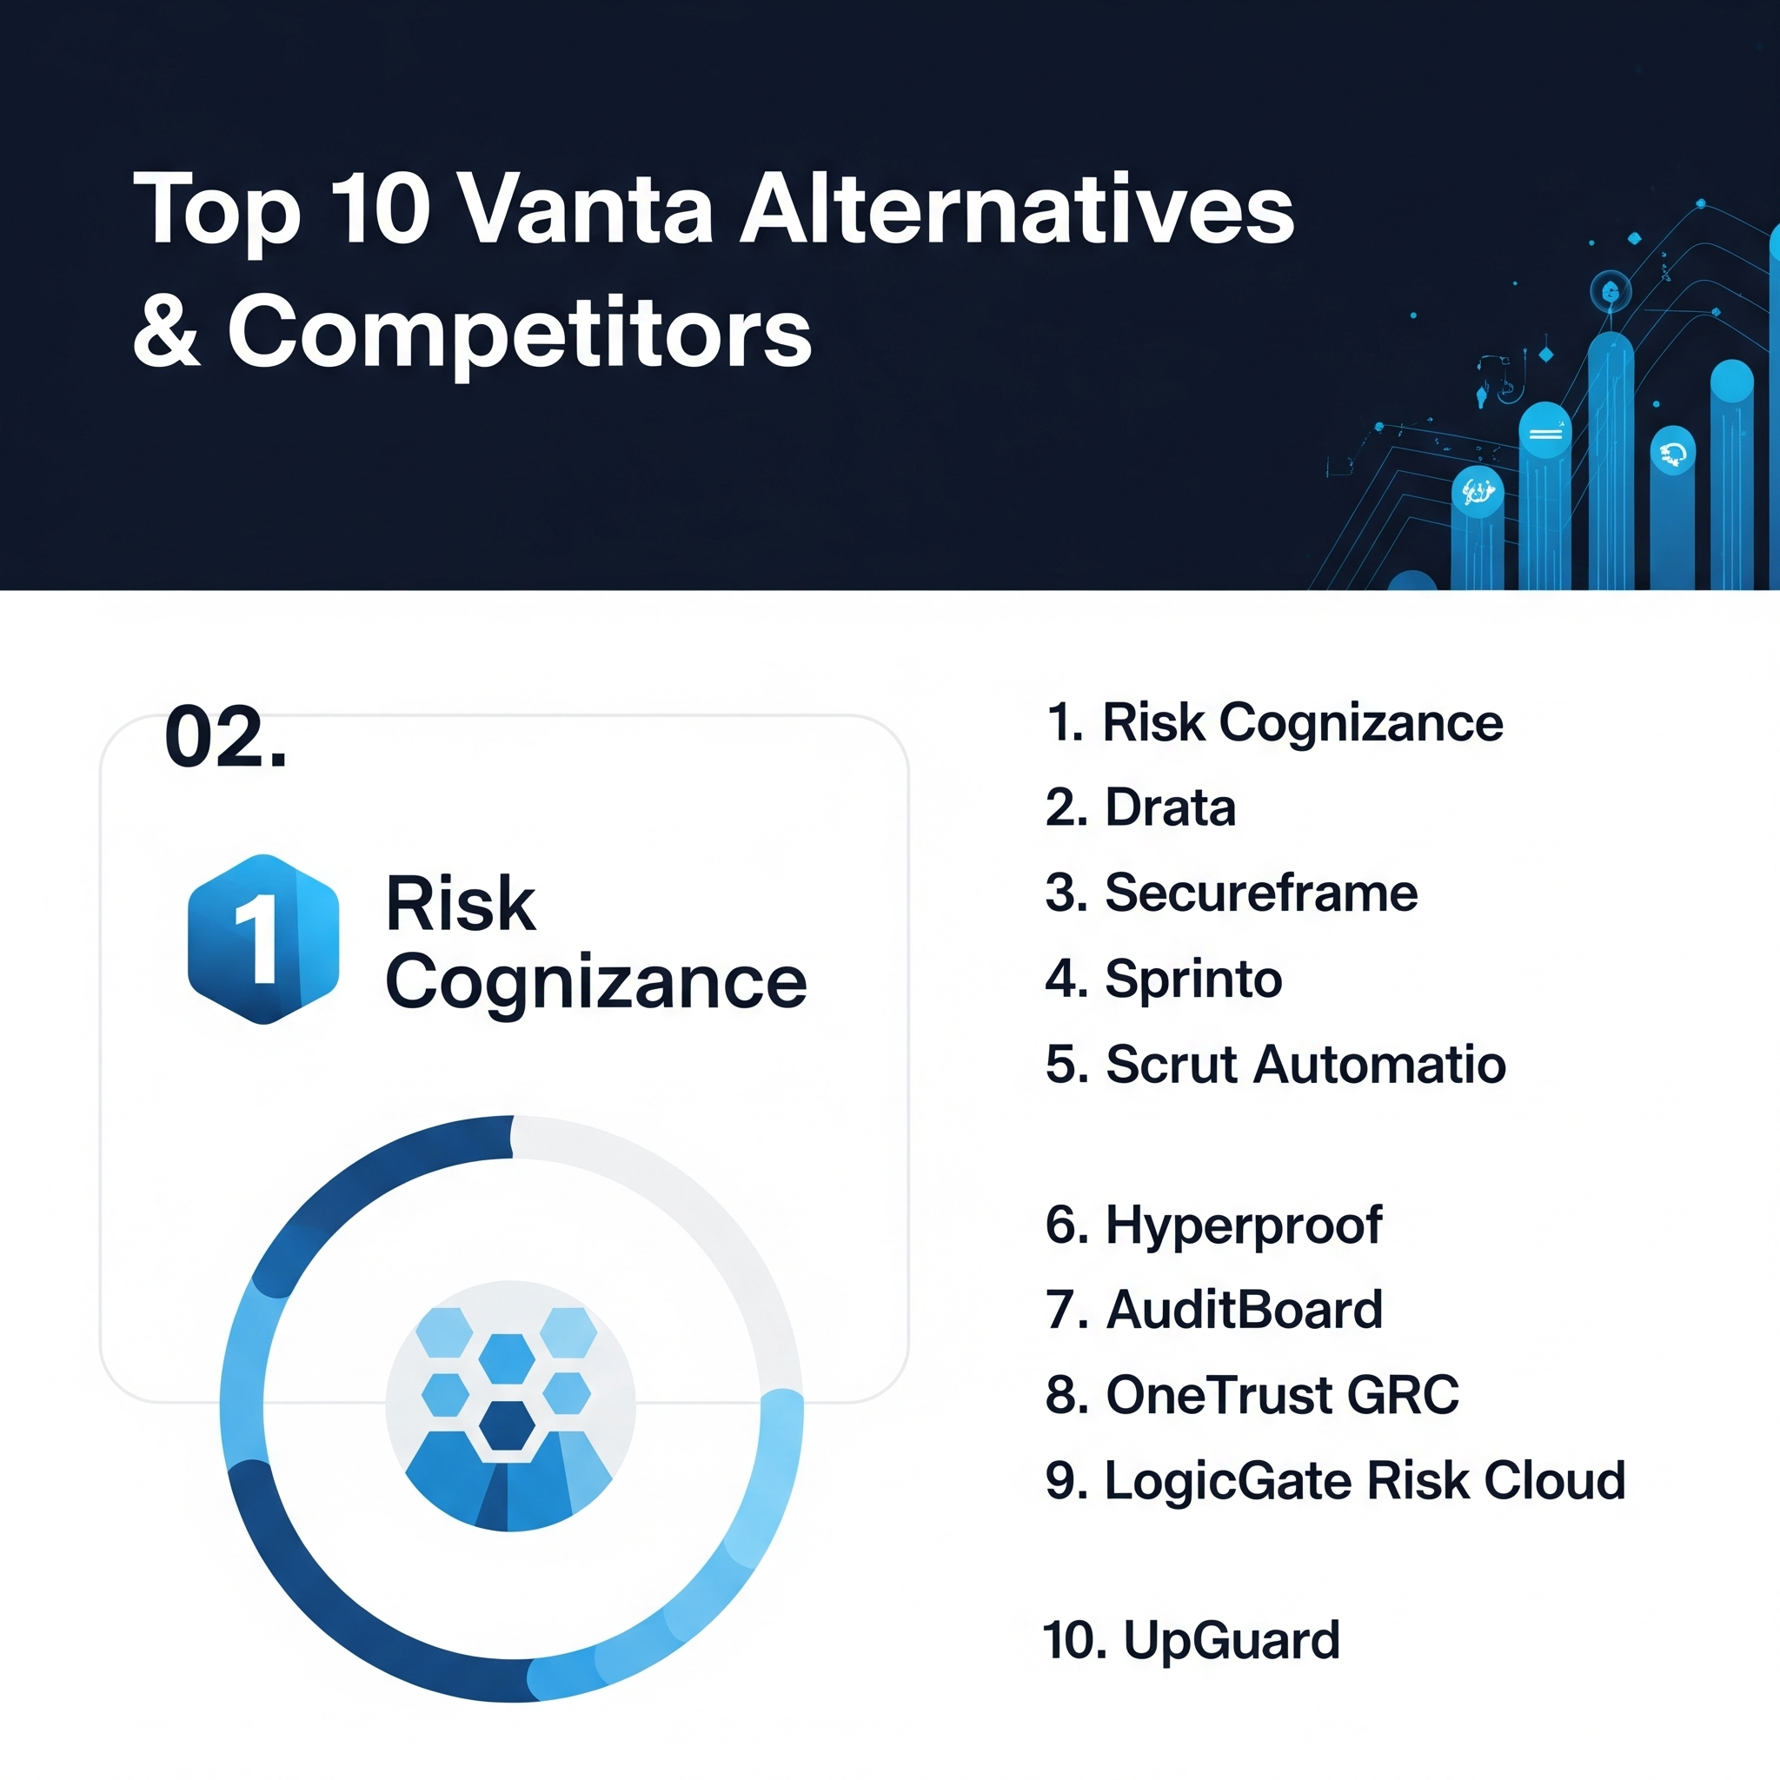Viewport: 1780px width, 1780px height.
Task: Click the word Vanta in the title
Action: (x=586, y=210)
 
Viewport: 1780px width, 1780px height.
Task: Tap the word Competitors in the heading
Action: (x=520, y=332)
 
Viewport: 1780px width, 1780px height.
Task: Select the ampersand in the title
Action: (x=167, y=332)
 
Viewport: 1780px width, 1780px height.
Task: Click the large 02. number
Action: (x=226, y=737)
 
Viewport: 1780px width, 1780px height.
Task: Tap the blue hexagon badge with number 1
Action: (x=263, y=939)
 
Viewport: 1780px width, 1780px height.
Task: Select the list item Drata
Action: (x=1140, y=808)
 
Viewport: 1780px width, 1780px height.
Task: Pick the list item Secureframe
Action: (x=1232, y=893)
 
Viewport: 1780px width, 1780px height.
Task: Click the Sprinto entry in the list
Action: (x=1164, y=979)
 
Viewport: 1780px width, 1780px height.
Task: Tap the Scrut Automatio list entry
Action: (x=1276, y=1064)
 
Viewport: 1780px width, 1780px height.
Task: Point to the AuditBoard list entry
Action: (x=1214, y=1309)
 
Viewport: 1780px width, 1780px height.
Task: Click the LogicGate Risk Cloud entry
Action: (x=1336, y=1480)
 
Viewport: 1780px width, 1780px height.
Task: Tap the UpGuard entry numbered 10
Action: (x=1192, y=1640)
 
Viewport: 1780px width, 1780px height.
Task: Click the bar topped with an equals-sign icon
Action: (x=1545, y=497)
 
